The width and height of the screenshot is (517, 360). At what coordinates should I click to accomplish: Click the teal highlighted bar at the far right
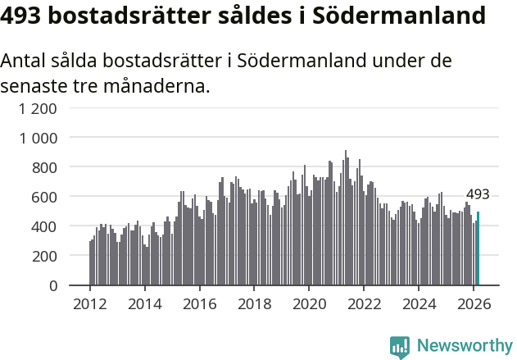point(478,248)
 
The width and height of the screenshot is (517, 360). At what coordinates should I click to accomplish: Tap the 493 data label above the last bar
point(478,195)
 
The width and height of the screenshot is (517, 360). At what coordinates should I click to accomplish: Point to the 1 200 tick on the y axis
point(39,108)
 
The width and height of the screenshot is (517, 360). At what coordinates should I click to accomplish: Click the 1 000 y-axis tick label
point(39,138)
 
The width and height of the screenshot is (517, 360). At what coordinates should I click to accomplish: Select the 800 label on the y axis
point(45,167)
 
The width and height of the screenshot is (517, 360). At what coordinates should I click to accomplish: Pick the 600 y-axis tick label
point(45,197)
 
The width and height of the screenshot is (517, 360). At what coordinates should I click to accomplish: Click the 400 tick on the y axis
point(45,226)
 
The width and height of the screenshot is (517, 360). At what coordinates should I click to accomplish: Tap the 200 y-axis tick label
point(45,256)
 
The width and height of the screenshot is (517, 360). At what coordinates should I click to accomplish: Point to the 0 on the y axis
point(54,285)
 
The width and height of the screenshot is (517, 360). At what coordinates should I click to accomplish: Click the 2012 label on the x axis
point(90,303)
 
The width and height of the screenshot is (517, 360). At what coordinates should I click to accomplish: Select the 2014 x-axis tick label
point(145,303)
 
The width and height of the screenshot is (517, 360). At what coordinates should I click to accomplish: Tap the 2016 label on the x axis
point(199,303)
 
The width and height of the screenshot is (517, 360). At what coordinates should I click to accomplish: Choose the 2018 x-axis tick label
point(254,303)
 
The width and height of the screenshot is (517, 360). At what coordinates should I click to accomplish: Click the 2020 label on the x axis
point(309,303)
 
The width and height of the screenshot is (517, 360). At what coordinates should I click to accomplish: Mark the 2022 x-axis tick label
point(364,303)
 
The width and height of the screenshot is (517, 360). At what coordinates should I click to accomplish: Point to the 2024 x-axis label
point(419,303)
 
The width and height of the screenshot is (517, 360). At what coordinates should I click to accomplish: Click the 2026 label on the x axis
point(474,303)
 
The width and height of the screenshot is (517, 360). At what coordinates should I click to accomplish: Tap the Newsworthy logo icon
point(400,347)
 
